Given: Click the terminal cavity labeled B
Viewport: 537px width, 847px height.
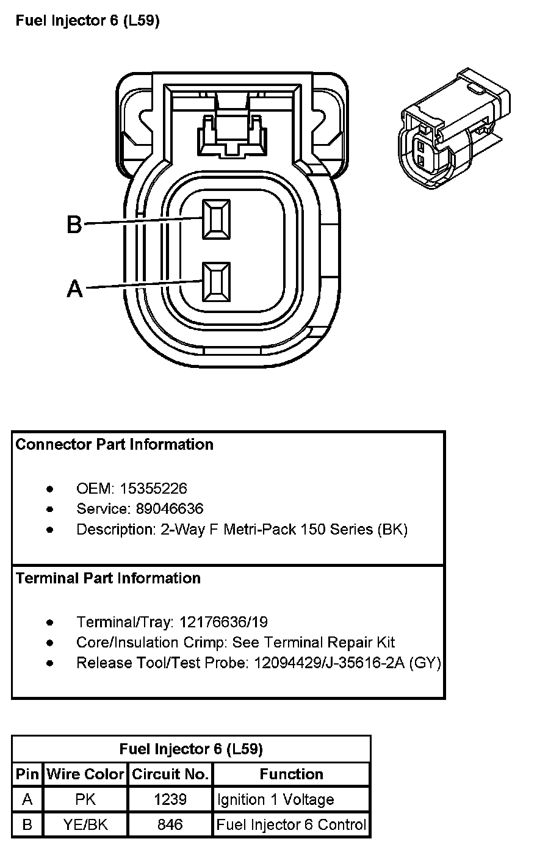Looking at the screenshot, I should click(217, 220).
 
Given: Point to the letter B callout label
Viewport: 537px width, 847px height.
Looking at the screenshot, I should click(74, 225).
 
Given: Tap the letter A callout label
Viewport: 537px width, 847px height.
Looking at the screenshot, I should click(74, 288).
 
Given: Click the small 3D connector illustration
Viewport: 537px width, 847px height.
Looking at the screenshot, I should click(454, 131).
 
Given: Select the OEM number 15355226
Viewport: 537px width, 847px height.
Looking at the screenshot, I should click(153, 488).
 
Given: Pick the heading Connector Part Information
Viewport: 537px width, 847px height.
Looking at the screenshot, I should click(115, 444).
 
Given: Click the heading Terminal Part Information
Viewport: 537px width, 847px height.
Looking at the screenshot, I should click(108, 578).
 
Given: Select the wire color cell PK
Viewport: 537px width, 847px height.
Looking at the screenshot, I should click(85, 799).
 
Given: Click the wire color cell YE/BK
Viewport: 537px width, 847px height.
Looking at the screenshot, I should click(85, 825).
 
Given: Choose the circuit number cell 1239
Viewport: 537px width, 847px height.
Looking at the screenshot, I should click(170, 799).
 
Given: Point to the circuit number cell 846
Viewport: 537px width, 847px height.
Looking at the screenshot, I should click(170, 825).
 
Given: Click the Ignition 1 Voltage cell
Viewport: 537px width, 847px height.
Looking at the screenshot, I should click(275, 799).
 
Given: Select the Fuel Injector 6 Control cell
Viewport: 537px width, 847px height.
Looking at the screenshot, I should click(292, 825).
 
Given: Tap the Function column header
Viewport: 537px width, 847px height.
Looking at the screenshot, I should click(292, 774).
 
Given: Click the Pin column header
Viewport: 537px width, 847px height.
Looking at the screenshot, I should click(27, 774).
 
